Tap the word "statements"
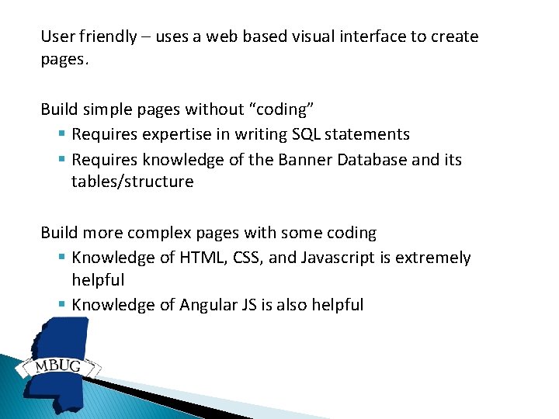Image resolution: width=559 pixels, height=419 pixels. [x=367, y=134]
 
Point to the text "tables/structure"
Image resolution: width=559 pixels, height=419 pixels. [x=132, y=182]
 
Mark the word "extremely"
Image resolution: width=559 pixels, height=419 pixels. [x=432, y=258]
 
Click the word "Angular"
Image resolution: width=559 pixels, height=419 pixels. [x=211, y=304]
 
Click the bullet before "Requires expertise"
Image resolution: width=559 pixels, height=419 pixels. [x=61, y=135]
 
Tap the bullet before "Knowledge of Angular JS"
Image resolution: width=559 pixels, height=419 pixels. [x=61, y=305]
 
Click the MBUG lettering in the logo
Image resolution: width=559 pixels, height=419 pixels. [x=58, y=365]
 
